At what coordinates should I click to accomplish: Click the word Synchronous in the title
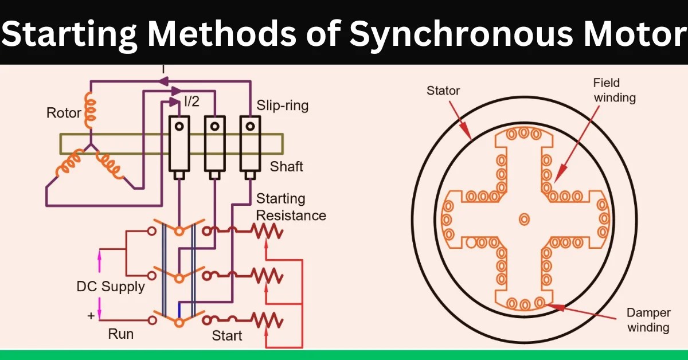pyautogui.click(x=459, y=34)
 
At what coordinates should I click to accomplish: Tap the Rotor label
pyautogui.click(x=64, y=113)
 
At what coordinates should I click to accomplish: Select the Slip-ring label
pyautogui.click(x=282, y=105)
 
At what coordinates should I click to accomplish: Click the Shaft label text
pyautogui.click(x=286, y=167)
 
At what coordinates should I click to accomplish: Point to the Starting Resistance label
pyautogui.click(x=291, y=208)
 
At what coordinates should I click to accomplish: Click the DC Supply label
pyautogui.click(x=111, y=286)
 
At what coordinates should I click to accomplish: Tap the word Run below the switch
pyautogui.click(x=121, y=334)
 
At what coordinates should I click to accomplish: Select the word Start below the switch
pyautogui.click(x=227, y=335)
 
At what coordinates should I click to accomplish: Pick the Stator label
pyautogui.click(x=443, y=91)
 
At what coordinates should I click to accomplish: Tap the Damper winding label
pyautogui.click(x=648, y=320)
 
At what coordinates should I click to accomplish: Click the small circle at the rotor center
pyautogui.click(x=523, y=219)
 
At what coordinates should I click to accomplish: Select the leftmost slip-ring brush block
pyautogui.click(x=179, y=146)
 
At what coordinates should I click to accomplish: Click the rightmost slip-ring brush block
pyautogui.click(x=249, y=146)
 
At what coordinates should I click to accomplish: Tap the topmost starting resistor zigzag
pyautogui.click(x=268, y=232)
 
